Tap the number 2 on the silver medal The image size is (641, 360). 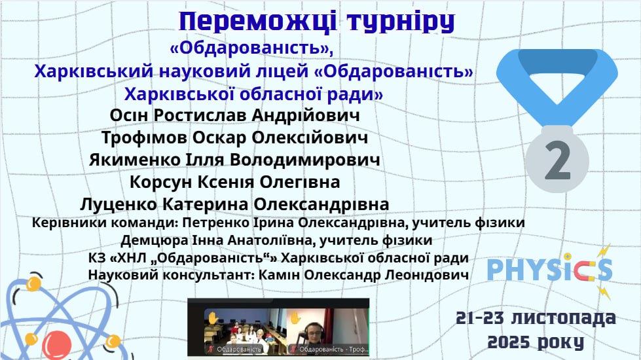click(558, 160)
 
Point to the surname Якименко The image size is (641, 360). click(135, 160)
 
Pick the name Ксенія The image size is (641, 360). click(226, 182)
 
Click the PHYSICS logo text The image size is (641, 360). click(550, 270)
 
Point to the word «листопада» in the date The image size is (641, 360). click(563, 318)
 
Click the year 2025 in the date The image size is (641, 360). click(509, 342)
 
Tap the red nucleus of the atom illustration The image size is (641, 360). click(57, 344)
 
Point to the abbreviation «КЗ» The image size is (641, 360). click(97, 259)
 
